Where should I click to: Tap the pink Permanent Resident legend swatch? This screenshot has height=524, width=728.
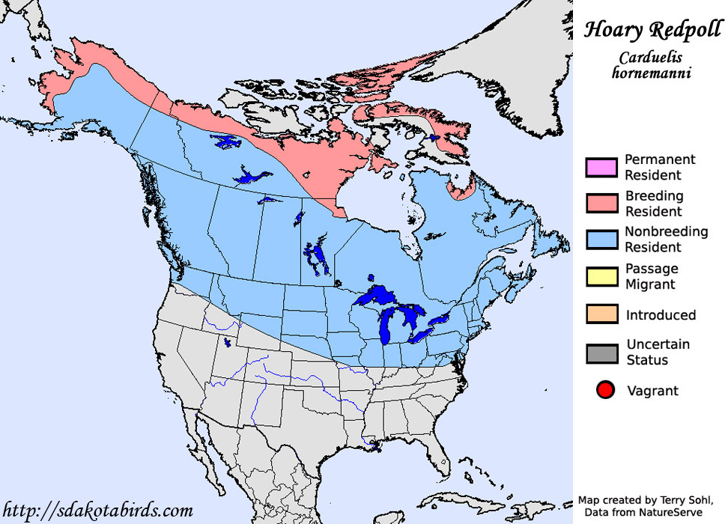click(x=601, y=167)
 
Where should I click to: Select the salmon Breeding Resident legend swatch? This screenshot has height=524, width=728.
click(x=601, y=203)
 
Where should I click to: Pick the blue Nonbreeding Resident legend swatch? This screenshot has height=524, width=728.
click(x=601, y=239)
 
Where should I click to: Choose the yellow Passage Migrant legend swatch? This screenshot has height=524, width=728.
click(x=601, y=275)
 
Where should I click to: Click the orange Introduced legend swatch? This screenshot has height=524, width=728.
click(x=601, y=314)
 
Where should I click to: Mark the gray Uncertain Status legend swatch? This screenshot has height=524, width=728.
click(x=601, y=352)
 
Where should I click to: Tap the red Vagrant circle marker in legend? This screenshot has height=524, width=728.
click(x=606, y=390)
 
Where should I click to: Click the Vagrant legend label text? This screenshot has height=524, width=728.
click(x=652, y=390)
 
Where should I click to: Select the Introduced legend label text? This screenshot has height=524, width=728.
click(x=661, y=315)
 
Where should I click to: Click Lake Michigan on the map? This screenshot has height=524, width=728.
click(x=388, y=325)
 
